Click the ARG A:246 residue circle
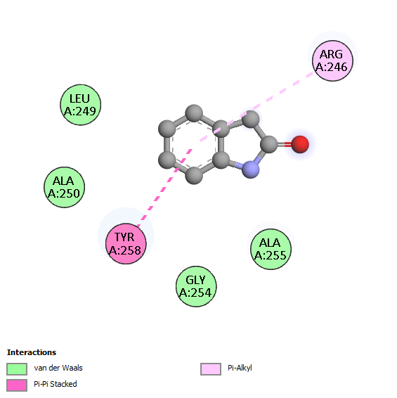(332, 61)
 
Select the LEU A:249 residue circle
(81, 105)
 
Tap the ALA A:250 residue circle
(64, 187)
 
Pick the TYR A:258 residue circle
(126, 244)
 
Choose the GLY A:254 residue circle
(196, 286)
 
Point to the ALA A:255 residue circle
(271, 249)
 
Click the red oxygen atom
(300, 144)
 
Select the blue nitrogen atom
(251, 169)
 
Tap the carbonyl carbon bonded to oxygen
(269, 144)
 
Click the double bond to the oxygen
(285, 144)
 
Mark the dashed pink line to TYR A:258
(164, 188)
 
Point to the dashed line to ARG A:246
(257, 106)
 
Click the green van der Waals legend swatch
(17, 368)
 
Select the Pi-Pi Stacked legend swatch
(17, 385)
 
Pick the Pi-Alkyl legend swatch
(211, 368)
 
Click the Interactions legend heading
(32, 352)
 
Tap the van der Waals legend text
(58, 368)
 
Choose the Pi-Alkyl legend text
(240, 368)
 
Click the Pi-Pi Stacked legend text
(56, 384)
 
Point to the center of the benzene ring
(194, 144)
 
